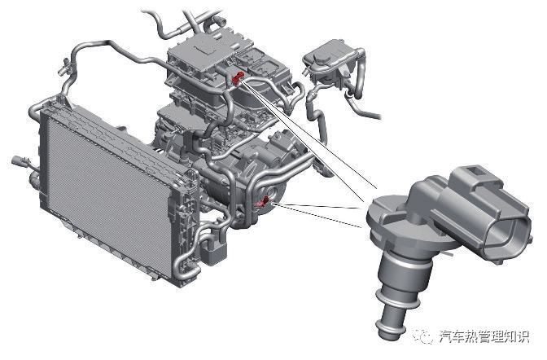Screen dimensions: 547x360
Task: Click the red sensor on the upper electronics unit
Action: pos(238,78)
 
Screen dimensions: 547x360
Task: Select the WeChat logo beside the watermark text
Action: pos(422,336)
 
